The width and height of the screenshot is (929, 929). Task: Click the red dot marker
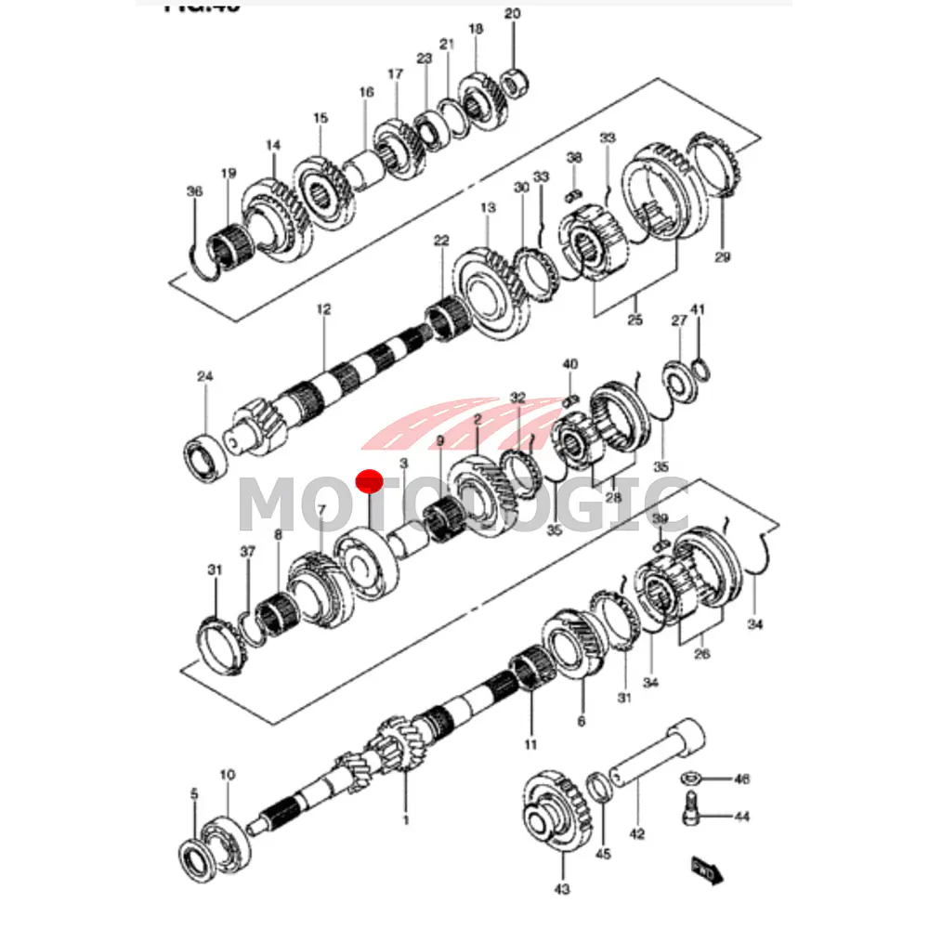370,481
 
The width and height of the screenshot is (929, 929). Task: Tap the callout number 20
513,13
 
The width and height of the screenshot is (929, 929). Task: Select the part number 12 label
323,309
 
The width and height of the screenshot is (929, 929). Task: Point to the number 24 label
205,376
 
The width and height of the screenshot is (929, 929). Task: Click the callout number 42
636,834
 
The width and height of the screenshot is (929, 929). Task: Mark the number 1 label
405,819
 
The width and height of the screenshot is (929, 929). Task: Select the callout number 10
227,774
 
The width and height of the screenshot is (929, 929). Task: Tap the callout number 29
723,257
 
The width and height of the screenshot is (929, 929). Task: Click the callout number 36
193,191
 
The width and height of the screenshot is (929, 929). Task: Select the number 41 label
698,309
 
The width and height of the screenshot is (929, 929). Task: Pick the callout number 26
701,654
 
